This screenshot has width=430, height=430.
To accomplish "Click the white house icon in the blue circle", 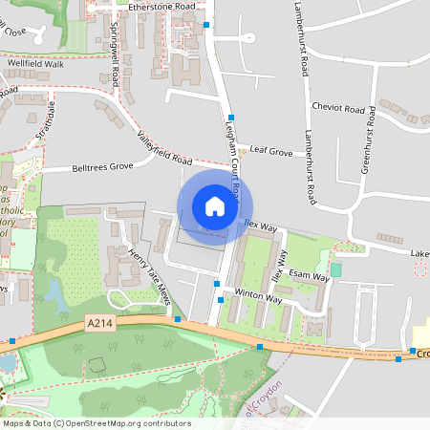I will (215, 206).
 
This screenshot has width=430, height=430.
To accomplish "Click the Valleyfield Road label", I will (165, 145).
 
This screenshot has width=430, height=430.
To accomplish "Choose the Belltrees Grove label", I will (102, 166).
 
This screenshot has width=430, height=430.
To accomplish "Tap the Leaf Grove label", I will (271, 151).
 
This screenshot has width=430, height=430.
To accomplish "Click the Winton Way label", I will (258, 297).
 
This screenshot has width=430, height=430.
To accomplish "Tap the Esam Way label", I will (309, 276).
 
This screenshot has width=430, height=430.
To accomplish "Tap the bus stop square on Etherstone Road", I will (206, 25).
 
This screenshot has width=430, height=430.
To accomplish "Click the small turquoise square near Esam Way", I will (335, 270).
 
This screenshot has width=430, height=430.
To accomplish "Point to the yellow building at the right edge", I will (420, 337).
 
